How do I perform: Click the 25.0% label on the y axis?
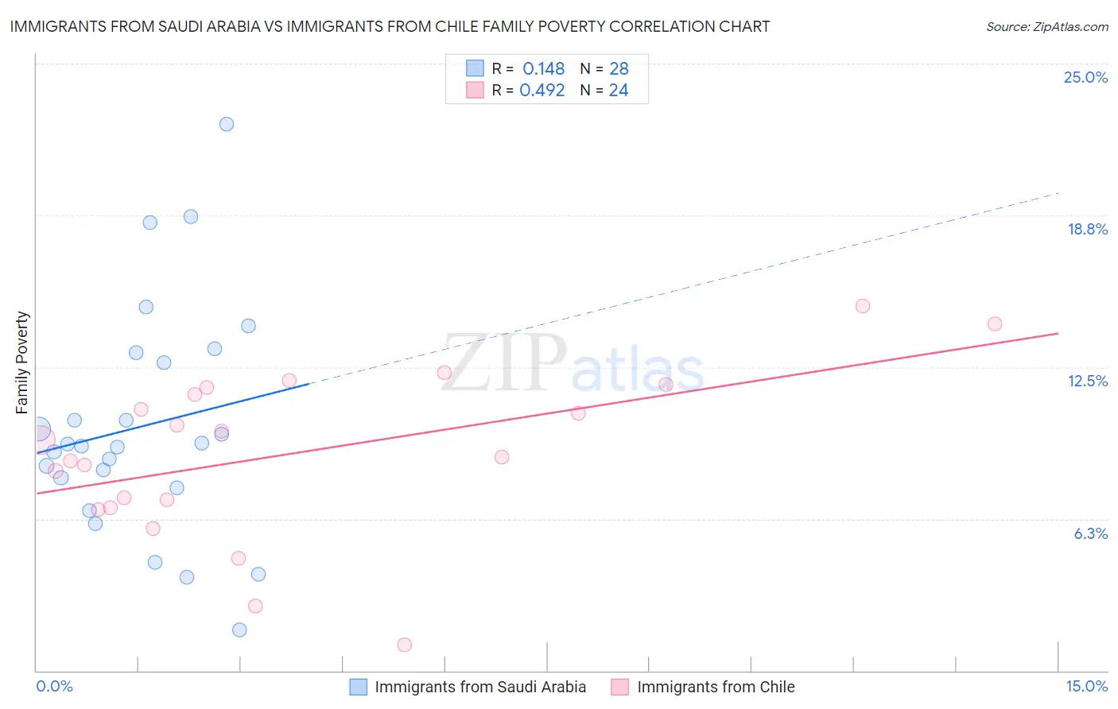1085,77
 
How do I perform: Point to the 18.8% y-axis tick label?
1087,229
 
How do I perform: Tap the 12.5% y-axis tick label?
1087,381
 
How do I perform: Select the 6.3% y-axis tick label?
1090,533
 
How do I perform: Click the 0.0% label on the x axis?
54,686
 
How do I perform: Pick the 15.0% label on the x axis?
1086,686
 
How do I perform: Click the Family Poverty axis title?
22,362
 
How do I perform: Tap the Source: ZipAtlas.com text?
1046,27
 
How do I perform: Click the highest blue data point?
227,124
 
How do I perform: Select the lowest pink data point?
404,645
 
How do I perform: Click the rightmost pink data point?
994,324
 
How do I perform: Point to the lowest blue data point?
239,630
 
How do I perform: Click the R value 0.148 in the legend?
543,69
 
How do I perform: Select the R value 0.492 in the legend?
542,91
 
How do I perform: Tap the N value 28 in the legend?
619,69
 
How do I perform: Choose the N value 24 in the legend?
619,91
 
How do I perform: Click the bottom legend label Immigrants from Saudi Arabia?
480,687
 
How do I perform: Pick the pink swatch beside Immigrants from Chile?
619,687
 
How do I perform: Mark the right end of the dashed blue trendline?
1058,192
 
